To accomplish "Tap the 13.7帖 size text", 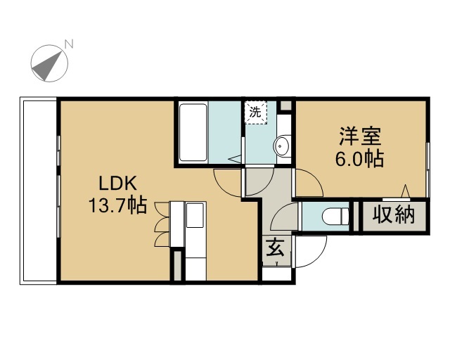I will [x=117, y=205].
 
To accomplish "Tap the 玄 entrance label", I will [x=275, y=249].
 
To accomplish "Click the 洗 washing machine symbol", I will [x=256, y=112].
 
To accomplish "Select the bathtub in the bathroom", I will [x=193, y=133].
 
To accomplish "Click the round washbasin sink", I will [x=282, y=146].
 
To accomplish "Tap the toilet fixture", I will [x=337, y=215].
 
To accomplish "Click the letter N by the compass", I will [x=70, y=44].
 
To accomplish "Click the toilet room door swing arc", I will [x=283, y=217].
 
